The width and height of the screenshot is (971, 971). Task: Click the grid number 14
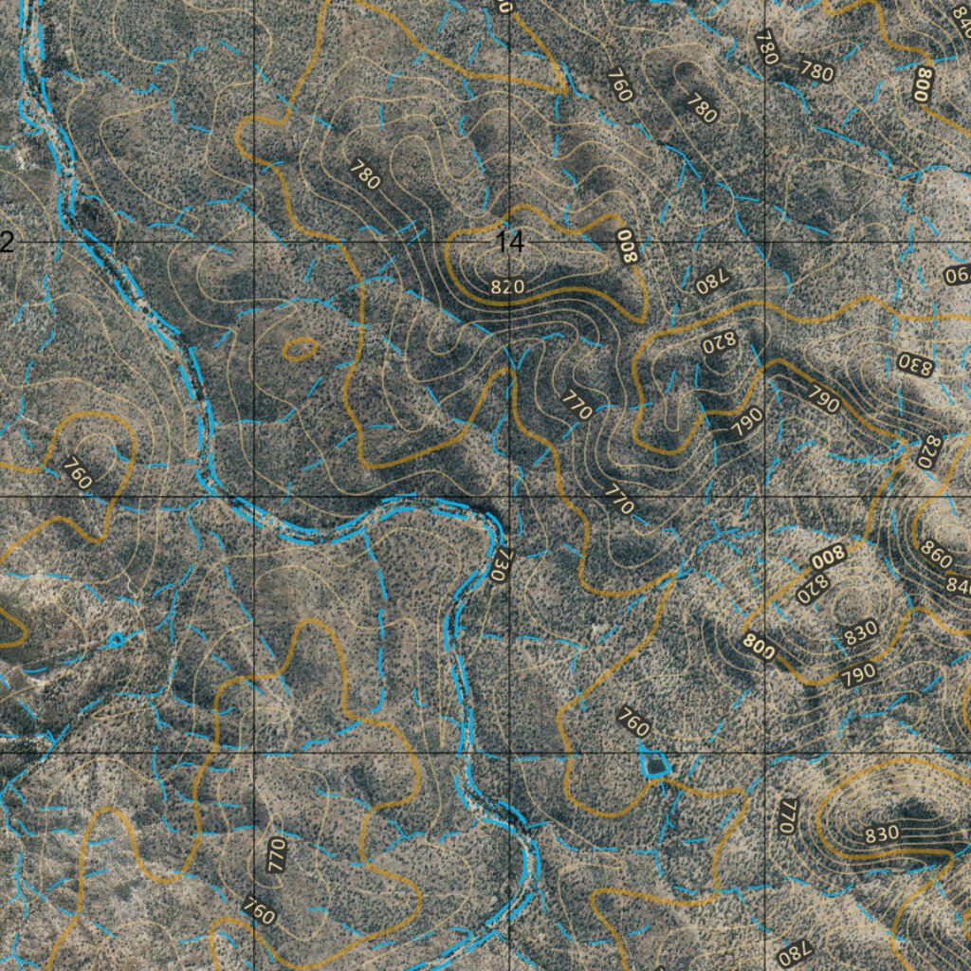509,242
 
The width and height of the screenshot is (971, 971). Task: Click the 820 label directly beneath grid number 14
508,285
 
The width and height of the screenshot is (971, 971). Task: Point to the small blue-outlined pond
652,762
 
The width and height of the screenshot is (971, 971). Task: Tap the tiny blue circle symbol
116,640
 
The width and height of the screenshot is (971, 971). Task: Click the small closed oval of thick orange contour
301,348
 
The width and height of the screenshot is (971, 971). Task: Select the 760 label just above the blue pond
632,722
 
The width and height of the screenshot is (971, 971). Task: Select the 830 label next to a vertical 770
882,834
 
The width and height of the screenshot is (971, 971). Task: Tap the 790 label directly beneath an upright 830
857,675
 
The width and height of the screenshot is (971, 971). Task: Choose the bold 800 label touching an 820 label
826,557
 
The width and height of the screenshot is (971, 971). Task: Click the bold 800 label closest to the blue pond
759,649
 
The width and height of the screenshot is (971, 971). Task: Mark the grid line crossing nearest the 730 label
510,497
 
